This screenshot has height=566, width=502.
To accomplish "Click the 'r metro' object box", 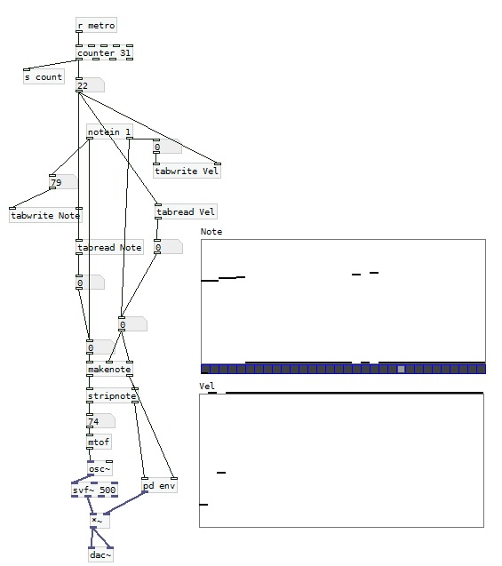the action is [x=96, y=25].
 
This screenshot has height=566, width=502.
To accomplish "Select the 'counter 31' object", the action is [x=104, y=52].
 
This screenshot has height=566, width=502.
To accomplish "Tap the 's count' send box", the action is [x=44, y=76].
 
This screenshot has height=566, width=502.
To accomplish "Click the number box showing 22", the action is [x=90, y=85].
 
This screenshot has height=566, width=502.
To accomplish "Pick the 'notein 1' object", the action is [x=109, y=132].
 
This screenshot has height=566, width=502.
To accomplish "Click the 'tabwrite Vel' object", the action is [x=187, y=171].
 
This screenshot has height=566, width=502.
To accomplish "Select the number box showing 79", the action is [x=63, y=181].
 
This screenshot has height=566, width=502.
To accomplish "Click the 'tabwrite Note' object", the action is [x=45, y=215].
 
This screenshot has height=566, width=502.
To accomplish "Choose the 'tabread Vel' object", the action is [x=186, y=211].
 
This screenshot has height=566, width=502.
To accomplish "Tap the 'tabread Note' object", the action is [x=109, y=247].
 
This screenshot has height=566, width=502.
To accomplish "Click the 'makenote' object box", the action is [x=109, y=369].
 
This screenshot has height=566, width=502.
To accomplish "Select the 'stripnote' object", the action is [x=112, y=395].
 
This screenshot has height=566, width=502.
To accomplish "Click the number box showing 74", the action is [x=100, y=421].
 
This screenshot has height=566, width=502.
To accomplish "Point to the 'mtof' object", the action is [x=99, y=442].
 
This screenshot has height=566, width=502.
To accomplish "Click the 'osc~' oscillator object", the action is [x=100, y=468].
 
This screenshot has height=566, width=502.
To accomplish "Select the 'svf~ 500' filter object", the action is [x=94, y=490].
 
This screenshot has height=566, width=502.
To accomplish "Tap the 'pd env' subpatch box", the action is [x=160, y=485].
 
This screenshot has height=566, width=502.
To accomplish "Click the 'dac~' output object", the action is [x=100, y=554].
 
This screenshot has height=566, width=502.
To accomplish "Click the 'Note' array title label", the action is [x=211, y=231].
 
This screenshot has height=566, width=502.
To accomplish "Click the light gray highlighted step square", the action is [x=401, y=369].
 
